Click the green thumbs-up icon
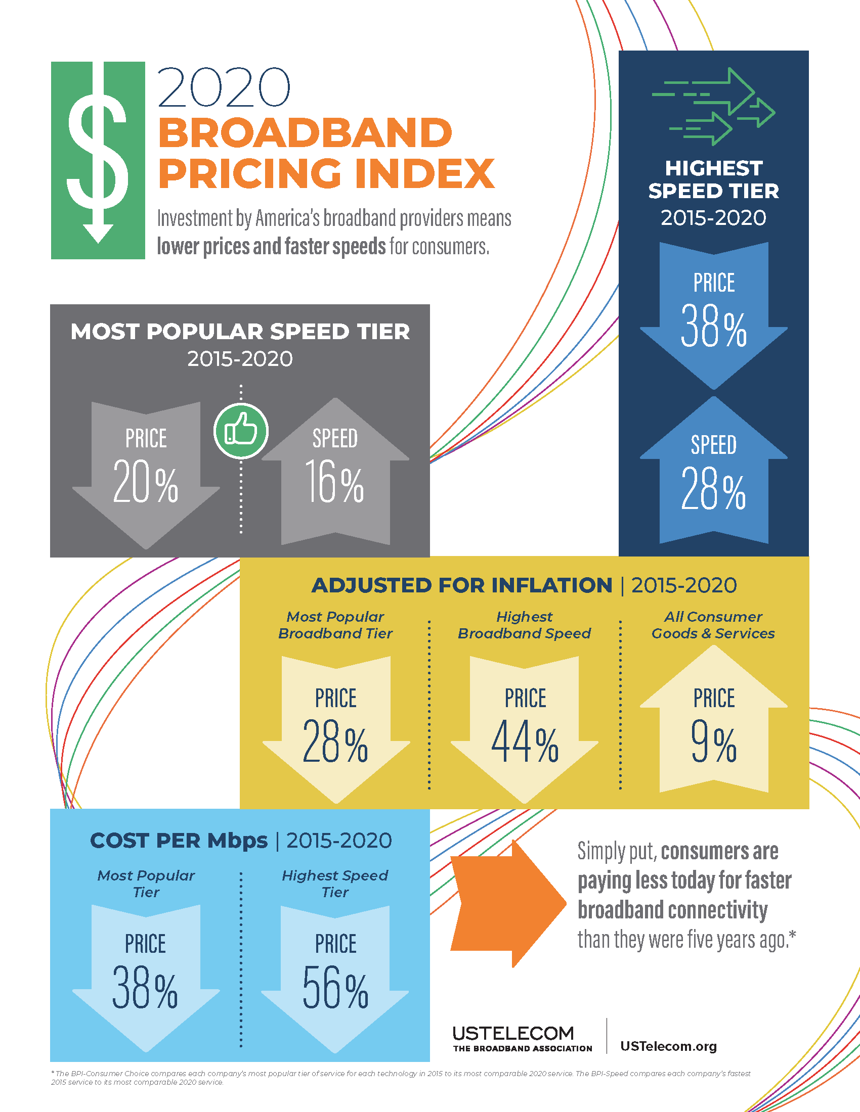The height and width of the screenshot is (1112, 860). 241,431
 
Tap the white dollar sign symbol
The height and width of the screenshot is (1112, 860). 98,153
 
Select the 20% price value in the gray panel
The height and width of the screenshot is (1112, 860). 146,481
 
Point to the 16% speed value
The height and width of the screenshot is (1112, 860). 335,481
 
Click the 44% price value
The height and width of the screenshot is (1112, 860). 525,742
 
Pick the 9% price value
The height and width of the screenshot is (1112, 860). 713,742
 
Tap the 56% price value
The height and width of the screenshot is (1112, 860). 335,988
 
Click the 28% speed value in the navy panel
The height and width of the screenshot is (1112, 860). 713,489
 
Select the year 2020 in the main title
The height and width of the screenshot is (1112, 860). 224,87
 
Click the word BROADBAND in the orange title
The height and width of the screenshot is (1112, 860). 305,132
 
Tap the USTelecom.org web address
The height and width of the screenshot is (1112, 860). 668,1046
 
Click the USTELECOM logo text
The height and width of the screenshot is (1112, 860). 513,1033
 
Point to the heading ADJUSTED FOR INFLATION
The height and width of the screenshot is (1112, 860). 461,585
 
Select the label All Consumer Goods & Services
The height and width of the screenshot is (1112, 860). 713,625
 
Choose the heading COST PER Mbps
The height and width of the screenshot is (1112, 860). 179,841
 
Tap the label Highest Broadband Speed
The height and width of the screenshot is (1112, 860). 524,625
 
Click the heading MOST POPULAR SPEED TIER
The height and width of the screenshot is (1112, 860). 240,332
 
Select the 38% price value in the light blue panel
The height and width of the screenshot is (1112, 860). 145,988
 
